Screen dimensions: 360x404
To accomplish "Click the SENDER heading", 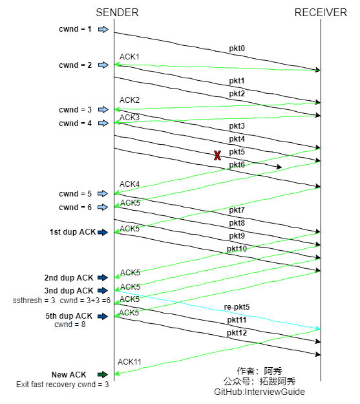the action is [x=117, y=13].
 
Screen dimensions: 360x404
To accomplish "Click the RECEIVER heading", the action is [x=321, y=13].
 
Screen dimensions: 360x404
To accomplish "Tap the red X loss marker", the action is [x=218, y=156].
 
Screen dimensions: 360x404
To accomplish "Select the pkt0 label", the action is [x=237, y=48].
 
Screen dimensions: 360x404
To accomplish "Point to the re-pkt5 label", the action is [x=237, y=307].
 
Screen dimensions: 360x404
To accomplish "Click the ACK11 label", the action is [x=129, y=362].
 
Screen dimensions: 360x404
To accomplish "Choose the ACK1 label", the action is [x=129, y=57].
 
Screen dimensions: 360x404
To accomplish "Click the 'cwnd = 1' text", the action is [x=75, y=29].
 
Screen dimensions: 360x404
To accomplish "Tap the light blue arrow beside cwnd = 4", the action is [x=103, y=123].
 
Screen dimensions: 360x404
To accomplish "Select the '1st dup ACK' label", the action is [x=72, y=232].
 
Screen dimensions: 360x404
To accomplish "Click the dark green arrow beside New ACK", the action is [x=103, y=374].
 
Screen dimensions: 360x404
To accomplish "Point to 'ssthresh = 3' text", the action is [x=34, y=301].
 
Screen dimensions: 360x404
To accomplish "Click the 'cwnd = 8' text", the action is [x=70, y=324].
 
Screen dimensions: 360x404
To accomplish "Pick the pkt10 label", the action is [x=237, y=249].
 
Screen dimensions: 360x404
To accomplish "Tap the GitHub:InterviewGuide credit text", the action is [x=260, y=392].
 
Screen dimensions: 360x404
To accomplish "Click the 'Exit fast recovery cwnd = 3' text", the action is [x=62, y=385].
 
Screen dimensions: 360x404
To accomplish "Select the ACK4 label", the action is [x=129, y=184].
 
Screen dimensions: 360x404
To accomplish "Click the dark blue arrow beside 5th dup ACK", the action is [x=103, y=316].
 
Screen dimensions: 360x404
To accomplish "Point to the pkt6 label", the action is [x=237, y=165].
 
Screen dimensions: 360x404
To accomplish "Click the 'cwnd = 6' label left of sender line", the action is [x=75, y=207].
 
